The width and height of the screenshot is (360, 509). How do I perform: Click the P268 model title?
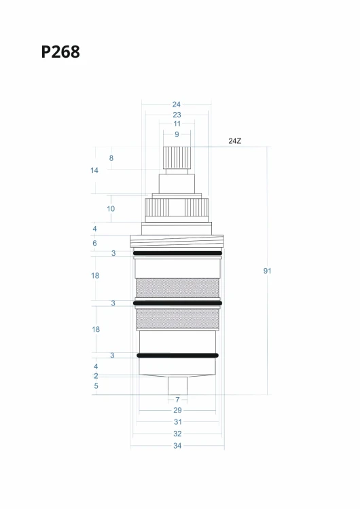(60, 52)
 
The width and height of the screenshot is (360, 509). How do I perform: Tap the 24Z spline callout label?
(234, 141)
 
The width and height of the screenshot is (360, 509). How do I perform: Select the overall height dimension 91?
(267, 271)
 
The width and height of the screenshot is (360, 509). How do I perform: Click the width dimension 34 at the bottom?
(177, 446)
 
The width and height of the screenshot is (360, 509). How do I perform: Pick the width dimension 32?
(177, 434)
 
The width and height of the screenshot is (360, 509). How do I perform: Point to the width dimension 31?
(177, 422)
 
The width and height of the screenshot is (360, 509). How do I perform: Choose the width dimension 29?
(177, 411)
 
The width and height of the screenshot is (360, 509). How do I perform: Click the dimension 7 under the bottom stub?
(177, 400)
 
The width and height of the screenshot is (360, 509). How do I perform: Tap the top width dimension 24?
(177, 105)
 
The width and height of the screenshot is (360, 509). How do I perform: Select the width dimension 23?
(177, 115)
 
